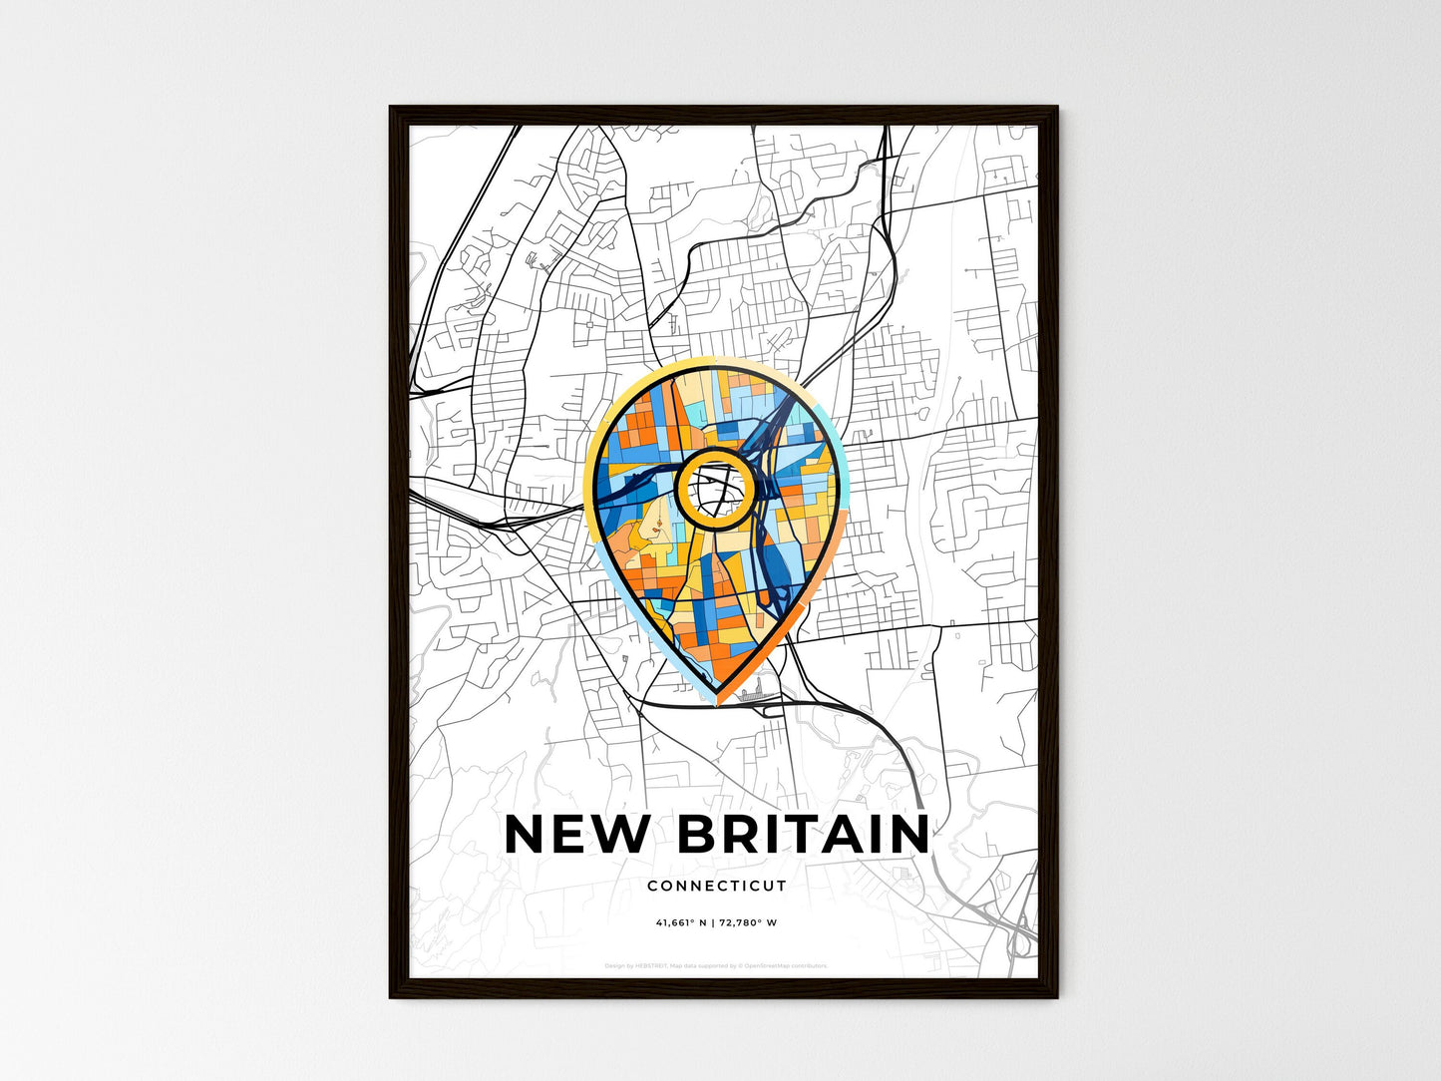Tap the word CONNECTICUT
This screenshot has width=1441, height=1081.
[716, 886]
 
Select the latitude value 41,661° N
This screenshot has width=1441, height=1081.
[681, 922]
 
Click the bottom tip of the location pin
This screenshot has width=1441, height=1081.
[717, 700]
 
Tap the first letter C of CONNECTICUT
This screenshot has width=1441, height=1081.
[652, 886]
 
